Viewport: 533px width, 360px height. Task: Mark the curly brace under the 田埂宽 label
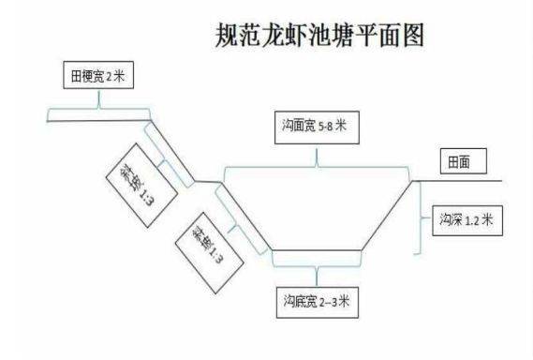tap(98, 116)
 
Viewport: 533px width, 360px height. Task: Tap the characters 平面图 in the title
tap(392, 36)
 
